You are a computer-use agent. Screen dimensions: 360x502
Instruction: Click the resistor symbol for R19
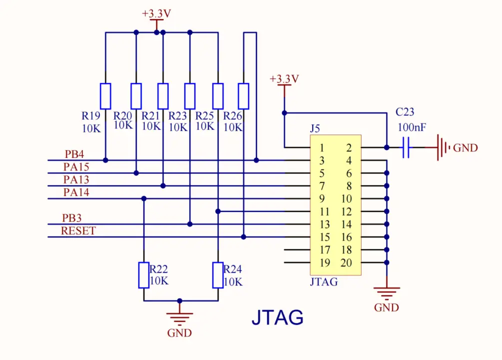(x=105, y=96)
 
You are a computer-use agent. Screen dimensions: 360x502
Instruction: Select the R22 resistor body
(x=144, y=274)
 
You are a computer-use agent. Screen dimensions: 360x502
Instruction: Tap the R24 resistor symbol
(x=218, y=274)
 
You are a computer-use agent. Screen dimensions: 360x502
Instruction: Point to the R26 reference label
(x=233, y=115)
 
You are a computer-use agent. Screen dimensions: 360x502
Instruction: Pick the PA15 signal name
(x=76, y=167)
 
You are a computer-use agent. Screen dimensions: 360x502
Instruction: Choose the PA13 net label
(x=76, y=179)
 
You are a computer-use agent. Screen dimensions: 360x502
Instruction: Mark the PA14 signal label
(x=76, y=192)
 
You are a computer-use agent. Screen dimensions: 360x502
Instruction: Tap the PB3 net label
(x=72, y=218)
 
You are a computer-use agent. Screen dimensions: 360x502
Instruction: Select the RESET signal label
(x=78, y=231)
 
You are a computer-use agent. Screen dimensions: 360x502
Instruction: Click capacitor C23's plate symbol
(x=406, y=147)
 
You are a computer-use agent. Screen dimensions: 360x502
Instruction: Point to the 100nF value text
(x=412, y=127)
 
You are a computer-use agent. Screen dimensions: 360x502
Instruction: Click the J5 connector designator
(x=315, y=129)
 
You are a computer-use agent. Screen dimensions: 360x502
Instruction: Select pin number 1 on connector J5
(x=322, y=148)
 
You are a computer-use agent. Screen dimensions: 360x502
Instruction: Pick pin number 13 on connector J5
(x=325, y=225)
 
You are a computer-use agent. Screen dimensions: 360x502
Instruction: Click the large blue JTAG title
(x=277, y=317)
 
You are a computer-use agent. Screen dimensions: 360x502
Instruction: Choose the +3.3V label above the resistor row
(x=156, y=14)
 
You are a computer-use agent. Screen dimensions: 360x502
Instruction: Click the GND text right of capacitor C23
(x=466, y=148)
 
